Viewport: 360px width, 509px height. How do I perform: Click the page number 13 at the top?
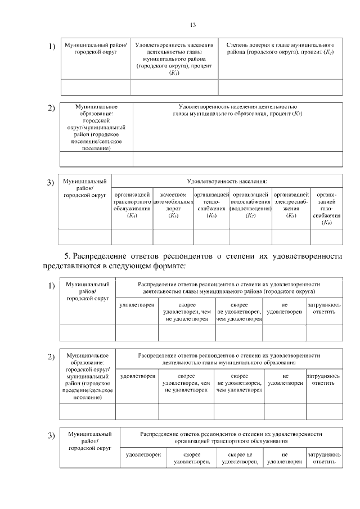192,25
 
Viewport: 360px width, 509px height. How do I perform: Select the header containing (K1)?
174,58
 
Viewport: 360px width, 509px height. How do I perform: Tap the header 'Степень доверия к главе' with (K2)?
280,48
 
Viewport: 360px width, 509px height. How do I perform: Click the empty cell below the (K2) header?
280,87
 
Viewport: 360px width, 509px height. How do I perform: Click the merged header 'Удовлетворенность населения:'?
227,181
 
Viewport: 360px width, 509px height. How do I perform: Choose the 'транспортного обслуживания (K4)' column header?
132,205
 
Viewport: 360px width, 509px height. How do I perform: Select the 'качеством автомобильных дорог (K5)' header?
173,205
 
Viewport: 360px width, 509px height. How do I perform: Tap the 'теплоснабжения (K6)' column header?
211,205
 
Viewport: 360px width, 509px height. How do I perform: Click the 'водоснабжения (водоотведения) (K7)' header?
250,205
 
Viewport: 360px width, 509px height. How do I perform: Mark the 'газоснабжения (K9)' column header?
326,208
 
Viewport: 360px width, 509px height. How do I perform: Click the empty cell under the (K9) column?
326,237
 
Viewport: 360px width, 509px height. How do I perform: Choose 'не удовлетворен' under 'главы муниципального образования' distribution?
286,379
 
